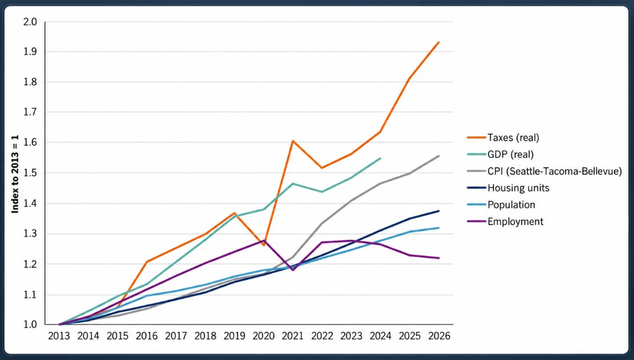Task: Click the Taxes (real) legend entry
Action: click(503, 138)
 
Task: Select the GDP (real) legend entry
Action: click(500, 154)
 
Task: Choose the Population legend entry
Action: click(501, 205)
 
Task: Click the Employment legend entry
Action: click(505, 221)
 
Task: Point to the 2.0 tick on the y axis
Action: click(30, 22)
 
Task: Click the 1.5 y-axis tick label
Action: click(30, 173)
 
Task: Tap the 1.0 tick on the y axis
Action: click(30, 325)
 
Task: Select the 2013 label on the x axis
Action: click(59, 336)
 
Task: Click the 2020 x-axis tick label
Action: click(264, 336)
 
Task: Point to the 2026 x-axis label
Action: click(439, 336)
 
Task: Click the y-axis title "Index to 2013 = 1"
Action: click(15, 174)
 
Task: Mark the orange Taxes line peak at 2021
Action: click(292, 141)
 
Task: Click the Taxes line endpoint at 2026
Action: click(439, 43)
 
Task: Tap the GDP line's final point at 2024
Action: click(380, 158)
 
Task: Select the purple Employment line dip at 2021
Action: click(292, 270)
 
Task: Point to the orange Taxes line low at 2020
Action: click(264, 245)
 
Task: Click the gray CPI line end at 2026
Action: click(439, 156)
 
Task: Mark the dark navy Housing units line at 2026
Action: click(439, 211)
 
